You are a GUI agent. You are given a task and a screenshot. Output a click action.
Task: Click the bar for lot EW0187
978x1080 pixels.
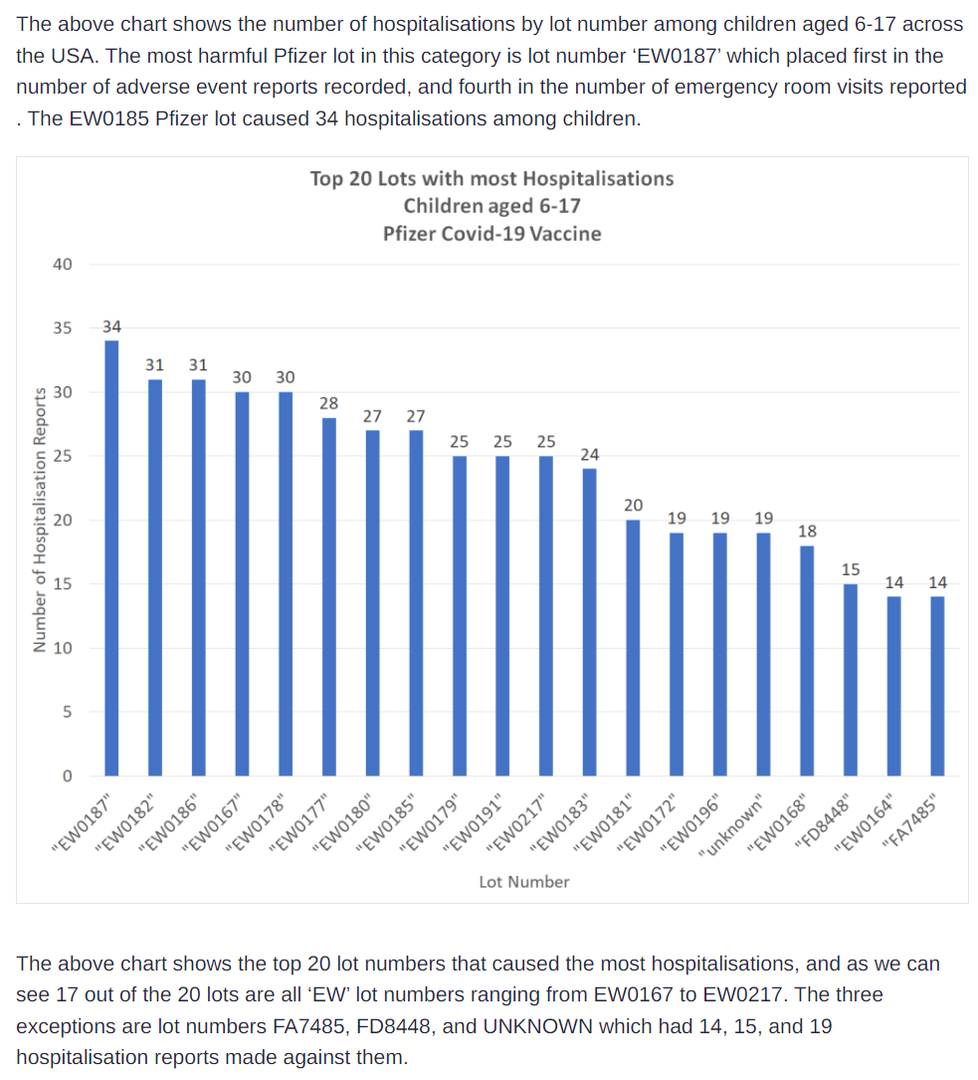pos(111,557)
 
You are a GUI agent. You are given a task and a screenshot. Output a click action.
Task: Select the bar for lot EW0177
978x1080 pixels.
pos(328,596)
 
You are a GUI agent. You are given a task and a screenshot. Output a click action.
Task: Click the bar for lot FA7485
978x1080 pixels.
pos(937,686)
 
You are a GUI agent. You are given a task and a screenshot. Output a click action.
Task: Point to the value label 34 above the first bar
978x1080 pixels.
pos(111,326)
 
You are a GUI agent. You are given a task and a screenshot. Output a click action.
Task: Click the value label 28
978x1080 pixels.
pos(328,403)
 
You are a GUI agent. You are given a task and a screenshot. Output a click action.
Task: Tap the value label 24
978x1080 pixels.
pos(589,455)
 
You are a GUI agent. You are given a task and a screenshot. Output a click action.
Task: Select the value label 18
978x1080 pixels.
pos(807,532)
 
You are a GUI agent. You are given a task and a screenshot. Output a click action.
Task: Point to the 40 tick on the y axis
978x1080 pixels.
pos(63,265)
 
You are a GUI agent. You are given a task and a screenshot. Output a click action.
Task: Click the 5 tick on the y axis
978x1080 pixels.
pos(67,713)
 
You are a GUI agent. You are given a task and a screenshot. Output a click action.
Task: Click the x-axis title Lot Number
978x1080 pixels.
pos(524,882)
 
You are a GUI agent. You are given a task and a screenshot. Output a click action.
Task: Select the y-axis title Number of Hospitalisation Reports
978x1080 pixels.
pos(40,521)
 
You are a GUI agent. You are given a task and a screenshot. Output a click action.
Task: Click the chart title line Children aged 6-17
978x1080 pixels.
pos(491,206)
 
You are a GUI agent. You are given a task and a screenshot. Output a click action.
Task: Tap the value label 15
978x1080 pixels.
pos(851,569)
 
